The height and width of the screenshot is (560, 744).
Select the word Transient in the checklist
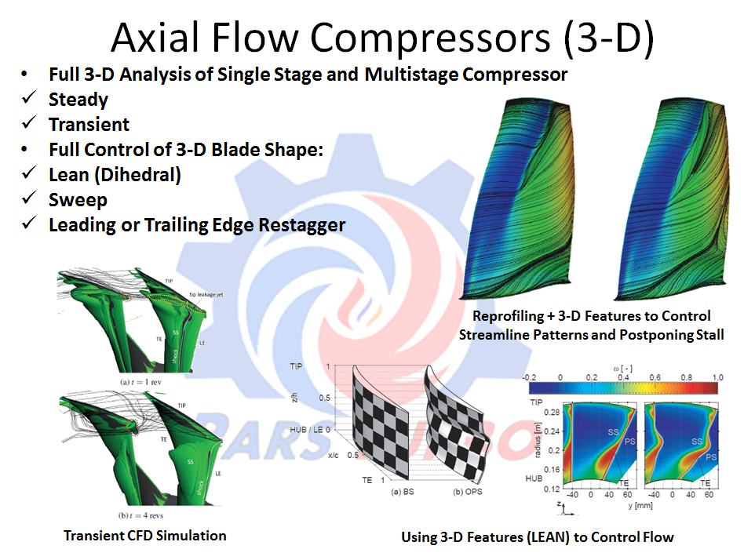click(89, 125)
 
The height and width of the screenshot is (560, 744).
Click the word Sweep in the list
click(78, 200)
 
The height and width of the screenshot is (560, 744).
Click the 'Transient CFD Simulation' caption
click(144, 536)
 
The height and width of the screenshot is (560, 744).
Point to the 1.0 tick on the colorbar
click(717, 376)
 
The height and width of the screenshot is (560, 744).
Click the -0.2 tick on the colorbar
click(531, 376)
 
